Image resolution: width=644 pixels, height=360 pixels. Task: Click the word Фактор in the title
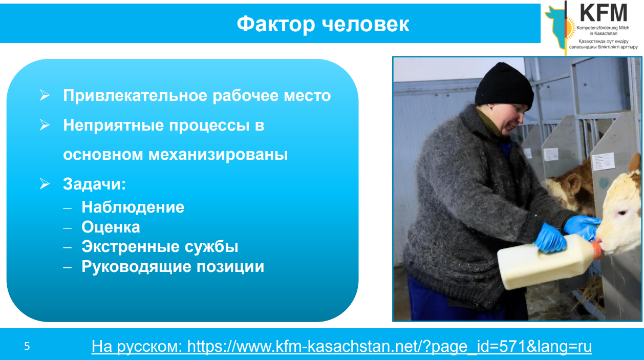pos(276,24)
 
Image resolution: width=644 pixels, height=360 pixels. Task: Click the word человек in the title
pos(366,24)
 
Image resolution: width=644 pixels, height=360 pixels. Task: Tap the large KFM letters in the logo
pos(603,13)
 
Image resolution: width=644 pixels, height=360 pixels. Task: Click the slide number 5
pos(27,346)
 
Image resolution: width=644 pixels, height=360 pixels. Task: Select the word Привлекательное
pos(135,95)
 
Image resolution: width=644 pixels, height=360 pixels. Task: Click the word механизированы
pos(218,155)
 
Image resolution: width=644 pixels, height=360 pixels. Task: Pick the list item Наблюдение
pos(133,207)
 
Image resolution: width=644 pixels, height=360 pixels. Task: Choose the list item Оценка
pos(111,227)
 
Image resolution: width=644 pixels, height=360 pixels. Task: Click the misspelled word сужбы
pos(211,247)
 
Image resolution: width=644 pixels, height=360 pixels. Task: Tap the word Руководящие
pos(137,267)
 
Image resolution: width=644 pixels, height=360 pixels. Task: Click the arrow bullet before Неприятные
pos(45,125)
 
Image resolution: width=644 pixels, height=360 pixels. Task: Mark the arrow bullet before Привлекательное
pos(45,95)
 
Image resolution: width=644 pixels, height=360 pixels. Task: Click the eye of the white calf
pos(621,213)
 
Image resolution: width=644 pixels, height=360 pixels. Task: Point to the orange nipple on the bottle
pos(596,249)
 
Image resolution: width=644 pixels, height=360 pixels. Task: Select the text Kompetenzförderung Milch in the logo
pos(603,28)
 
